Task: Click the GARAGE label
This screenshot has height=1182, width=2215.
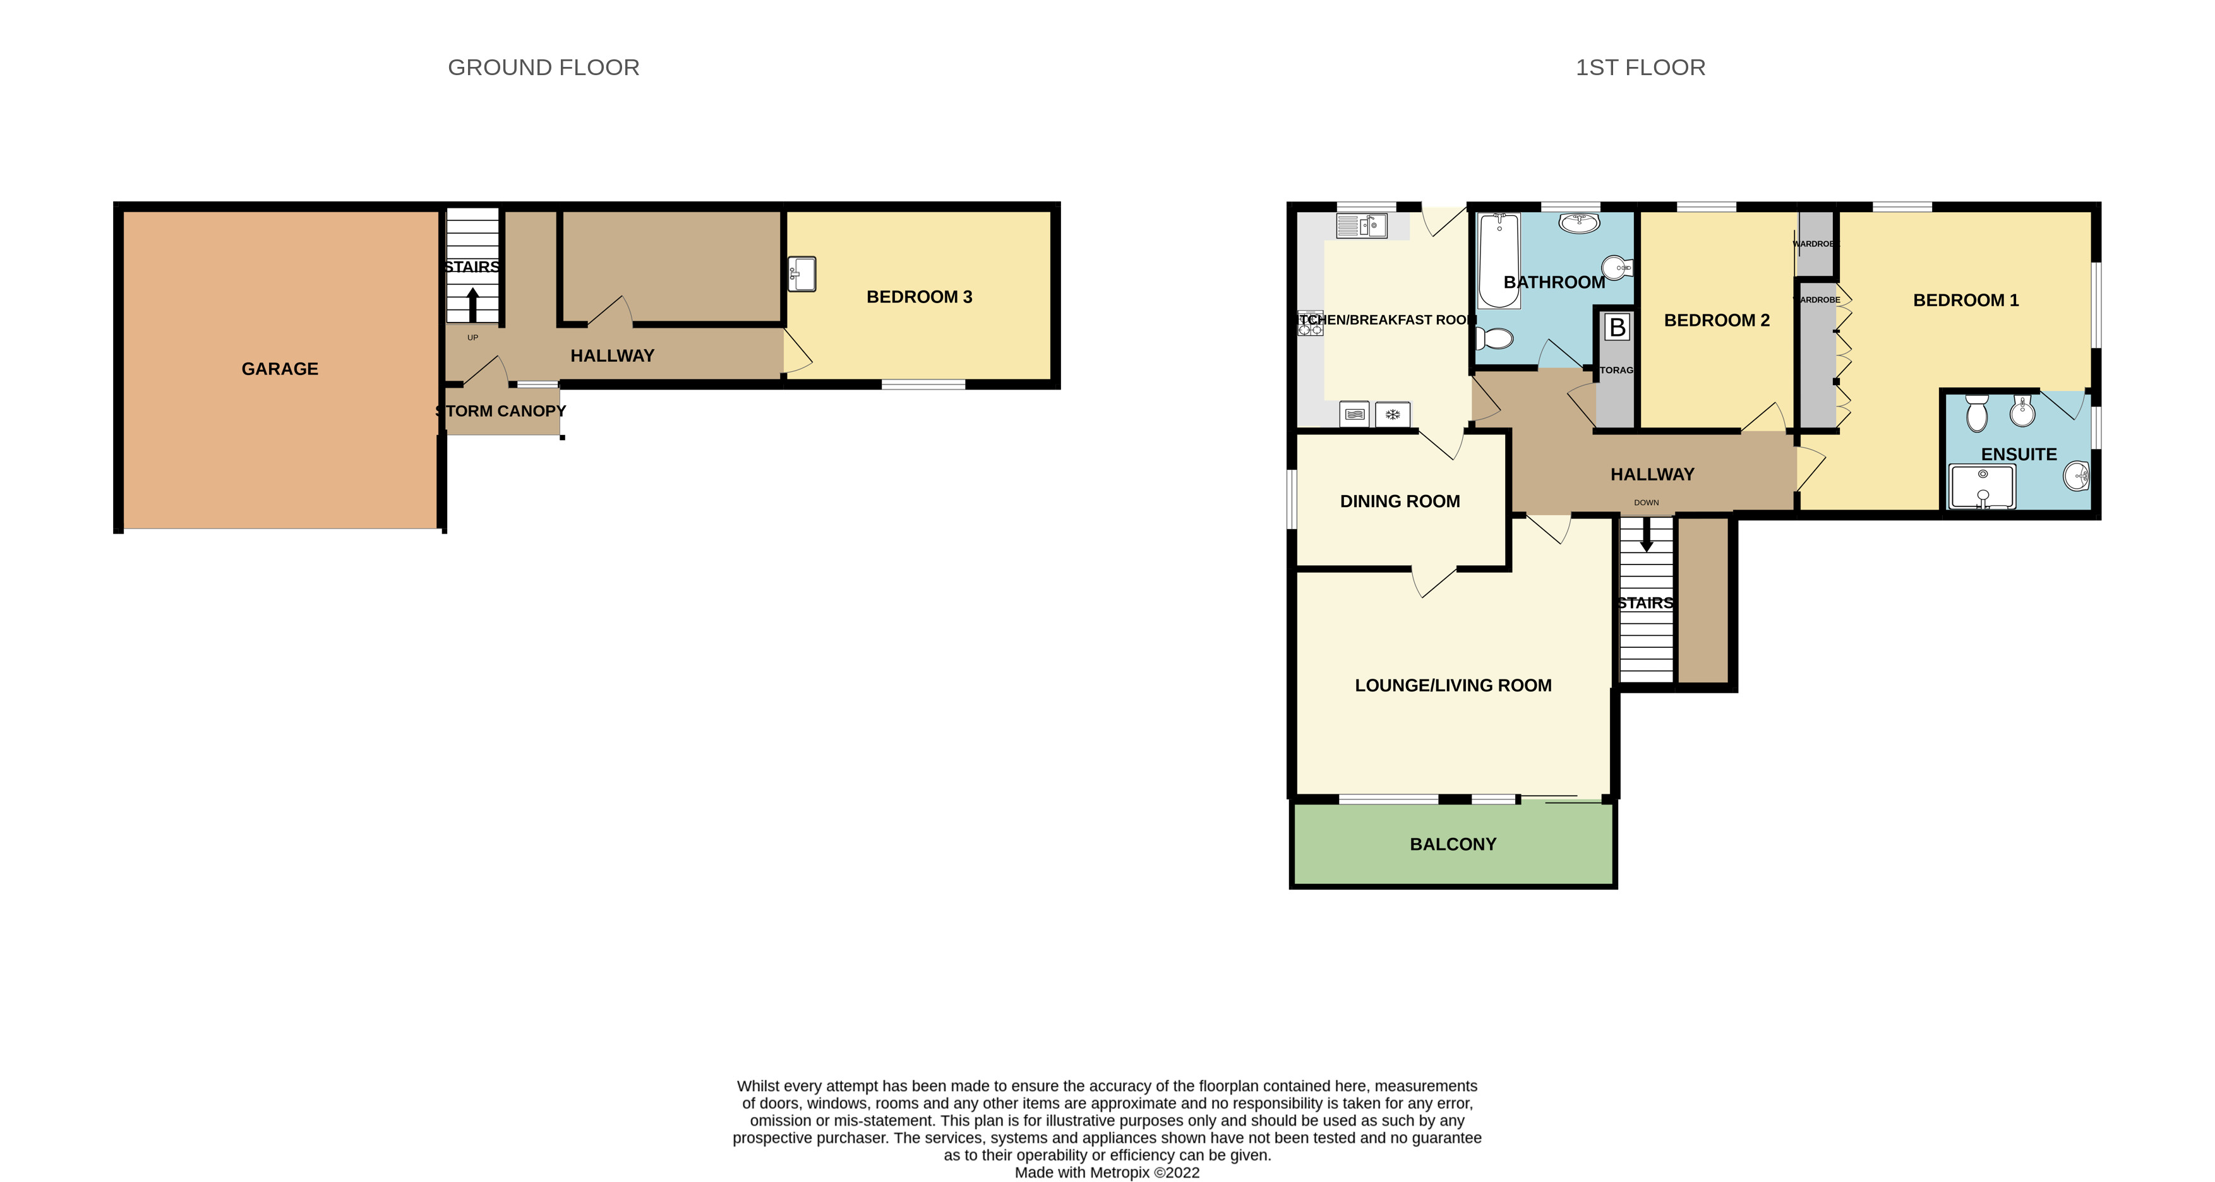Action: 279,369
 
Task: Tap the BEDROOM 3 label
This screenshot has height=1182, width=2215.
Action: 918,297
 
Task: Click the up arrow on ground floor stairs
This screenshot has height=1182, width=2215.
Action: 472,304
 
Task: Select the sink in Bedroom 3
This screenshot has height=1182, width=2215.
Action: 801,274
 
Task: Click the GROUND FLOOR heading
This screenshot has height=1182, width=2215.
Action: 543,67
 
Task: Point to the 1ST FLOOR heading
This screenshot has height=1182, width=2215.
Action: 1640,67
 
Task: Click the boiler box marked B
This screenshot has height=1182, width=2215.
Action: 1616,326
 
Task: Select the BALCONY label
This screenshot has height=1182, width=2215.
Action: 1452,844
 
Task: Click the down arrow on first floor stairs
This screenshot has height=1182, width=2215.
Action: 1646,537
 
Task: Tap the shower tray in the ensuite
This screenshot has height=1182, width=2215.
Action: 1982,487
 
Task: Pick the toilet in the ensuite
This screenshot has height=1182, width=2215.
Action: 1977,414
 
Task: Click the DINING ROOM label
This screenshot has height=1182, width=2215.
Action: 1399,501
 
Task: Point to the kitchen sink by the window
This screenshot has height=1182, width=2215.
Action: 1361,226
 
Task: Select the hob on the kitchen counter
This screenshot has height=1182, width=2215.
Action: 1311,323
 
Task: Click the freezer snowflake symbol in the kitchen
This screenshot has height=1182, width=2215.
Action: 1392,414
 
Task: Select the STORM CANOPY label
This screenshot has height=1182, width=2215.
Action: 501,411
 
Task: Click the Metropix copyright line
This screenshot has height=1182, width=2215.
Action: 1107,1173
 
